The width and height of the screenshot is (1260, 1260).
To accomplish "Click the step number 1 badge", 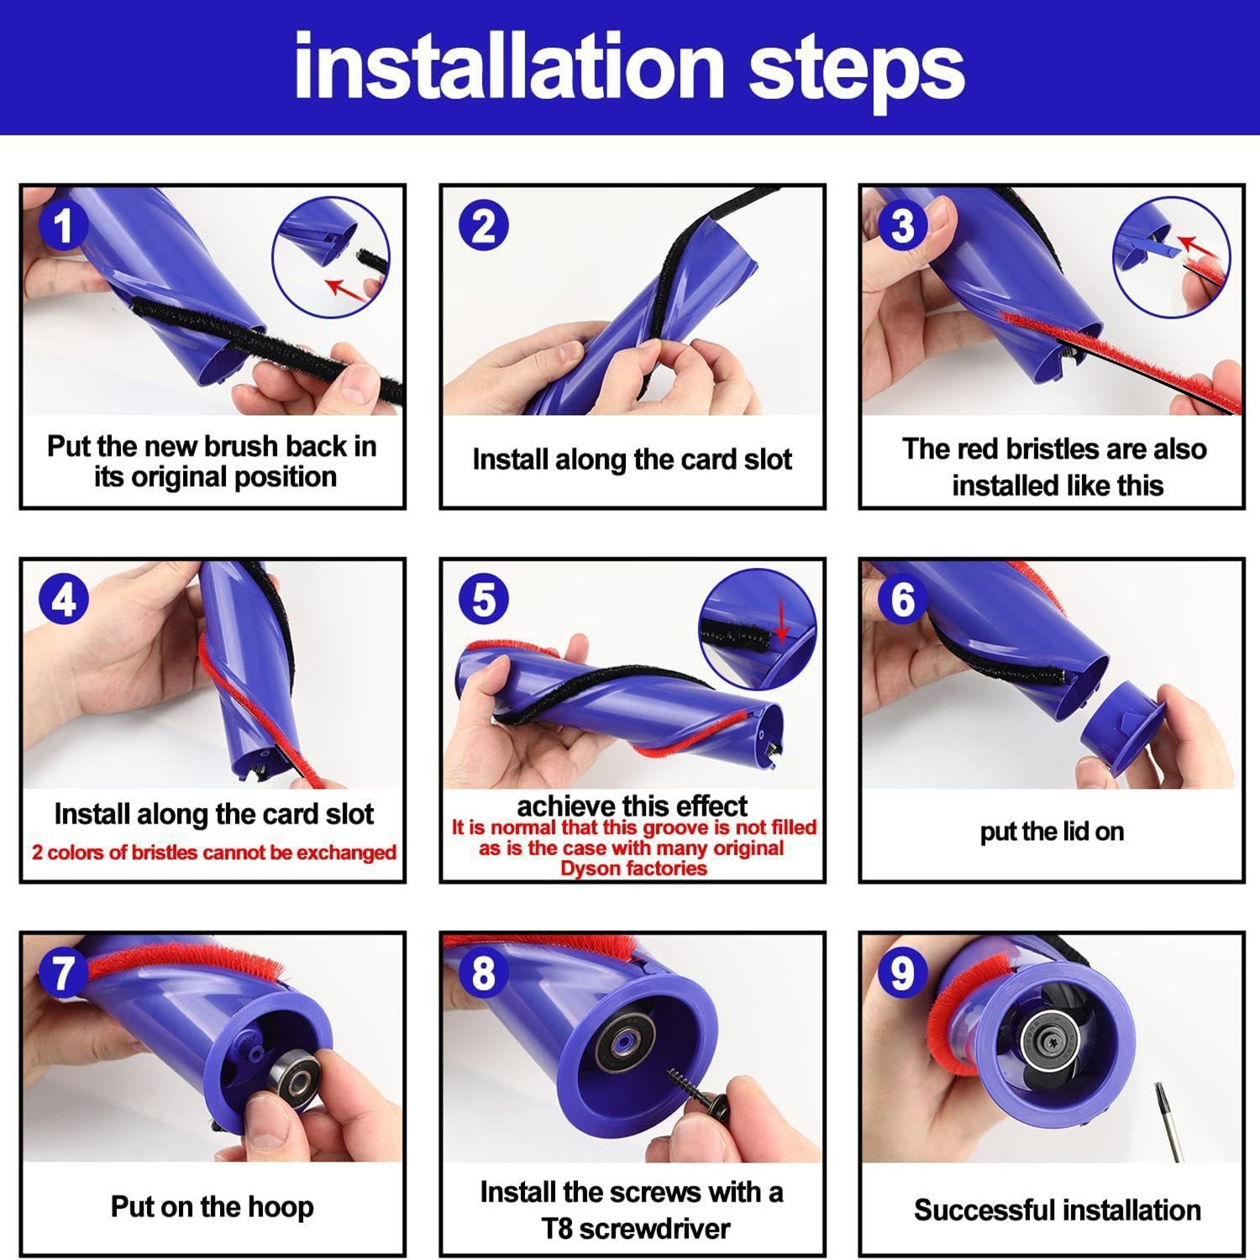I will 64,226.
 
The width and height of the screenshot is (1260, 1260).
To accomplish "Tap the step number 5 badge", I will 484,600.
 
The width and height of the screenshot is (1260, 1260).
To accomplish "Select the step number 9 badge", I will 902,973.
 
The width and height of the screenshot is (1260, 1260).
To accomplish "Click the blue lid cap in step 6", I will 1122,727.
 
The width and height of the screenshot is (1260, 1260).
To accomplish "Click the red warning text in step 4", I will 213,853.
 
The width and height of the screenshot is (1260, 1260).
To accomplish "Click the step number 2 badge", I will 484,226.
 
